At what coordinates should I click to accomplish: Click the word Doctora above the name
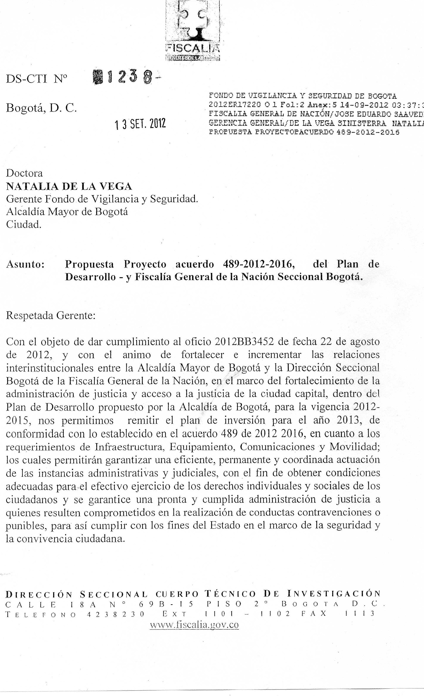[24, 173]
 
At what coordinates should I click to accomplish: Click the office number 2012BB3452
[244, 342]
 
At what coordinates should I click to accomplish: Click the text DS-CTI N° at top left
[37, 79]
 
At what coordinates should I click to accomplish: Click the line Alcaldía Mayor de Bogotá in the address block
[67, 211]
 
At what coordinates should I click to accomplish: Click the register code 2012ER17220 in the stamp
[234, 104]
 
